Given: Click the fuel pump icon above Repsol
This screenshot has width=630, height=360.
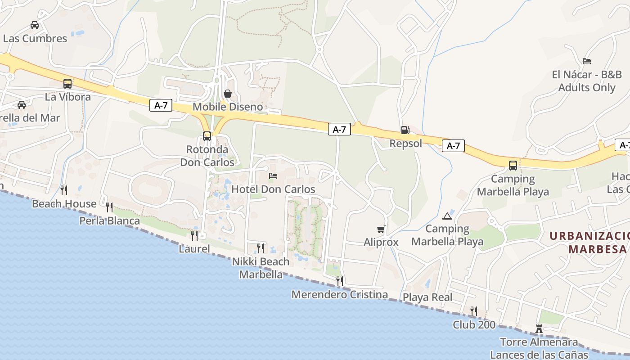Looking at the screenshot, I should (x=405, y=130).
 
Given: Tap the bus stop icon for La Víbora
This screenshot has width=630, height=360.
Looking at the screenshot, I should (x=67, y=83).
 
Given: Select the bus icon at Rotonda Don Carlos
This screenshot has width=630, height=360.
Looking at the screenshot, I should (x=207, y=136).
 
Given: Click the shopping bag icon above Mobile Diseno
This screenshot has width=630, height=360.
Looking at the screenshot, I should (x=228, y=94).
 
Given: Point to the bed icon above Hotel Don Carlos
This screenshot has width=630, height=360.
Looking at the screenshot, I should (x=273, y=175).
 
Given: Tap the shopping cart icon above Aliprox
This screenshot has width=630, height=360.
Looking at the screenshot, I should (x=381, y=229).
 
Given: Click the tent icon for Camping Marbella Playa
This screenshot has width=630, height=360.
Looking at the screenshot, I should (x=447, y=216).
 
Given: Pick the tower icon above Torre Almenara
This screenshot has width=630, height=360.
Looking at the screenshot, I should (x=539, y=329).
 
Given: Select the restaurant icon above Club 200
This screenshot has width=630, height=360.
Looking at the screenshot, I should (x=473, y=311).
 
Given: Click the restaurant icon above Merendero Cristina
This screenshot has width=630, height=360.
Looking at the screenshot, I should (x=340, y=281).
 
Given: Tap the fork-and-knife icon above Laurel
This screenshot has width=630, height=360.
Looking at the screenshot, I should (x=194, y=235).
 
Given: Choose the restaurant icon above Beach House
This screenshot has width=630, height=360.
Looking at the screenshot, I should (x=64, y=190).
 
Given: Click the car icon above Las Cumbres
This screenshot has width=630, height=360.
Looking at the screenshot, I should (x=35, y=25).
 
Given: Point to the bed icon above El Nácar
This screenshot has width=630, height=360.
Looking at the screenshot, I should (x=586, y=61).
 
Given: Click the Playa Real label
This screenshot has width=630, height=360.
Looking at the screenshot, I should (x=427, y=297).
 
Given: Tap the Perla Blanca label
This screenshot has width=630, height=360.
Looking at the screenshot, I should (x=109, y=221).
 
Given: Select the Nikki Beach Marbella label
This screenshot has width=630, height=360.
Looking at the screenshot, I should (x=261, y=268).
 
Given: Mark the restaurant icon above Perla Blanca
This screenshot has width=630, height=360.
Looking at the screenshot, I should (x=109, y=207).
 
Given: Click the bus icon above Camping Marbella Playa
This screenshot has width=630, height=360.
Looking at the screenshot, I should (x=513, y=165).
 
